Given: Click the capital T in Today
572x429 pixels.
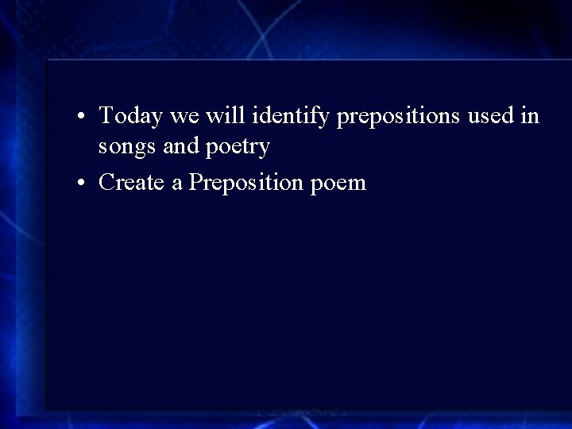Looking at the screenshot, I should click(x=106, y=116).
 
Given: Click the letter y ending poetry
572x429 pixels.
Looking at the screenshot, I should click(x=265, y=149).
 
